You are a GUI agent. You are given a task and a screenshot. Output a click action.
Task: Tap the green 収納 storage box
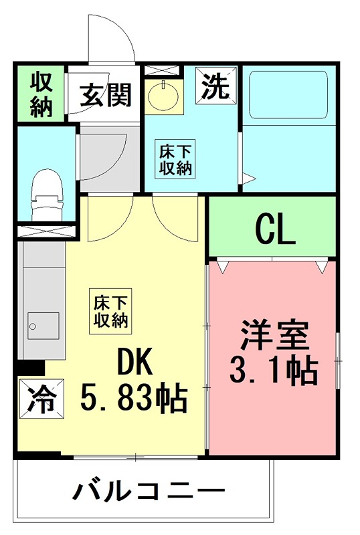tap(40, 94)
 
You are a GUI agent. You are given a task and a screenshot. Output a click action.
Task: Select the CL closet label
tap(274, 229)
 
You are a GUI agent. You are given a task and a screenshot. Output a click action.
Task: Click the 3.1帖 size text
tap(273, 370)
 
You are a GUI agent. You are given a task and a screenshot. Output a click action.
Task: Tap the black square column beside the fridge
tap(30, 367)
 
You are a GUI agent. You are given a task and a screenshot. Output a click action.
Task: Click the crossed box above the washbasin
tap(163, 70)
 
